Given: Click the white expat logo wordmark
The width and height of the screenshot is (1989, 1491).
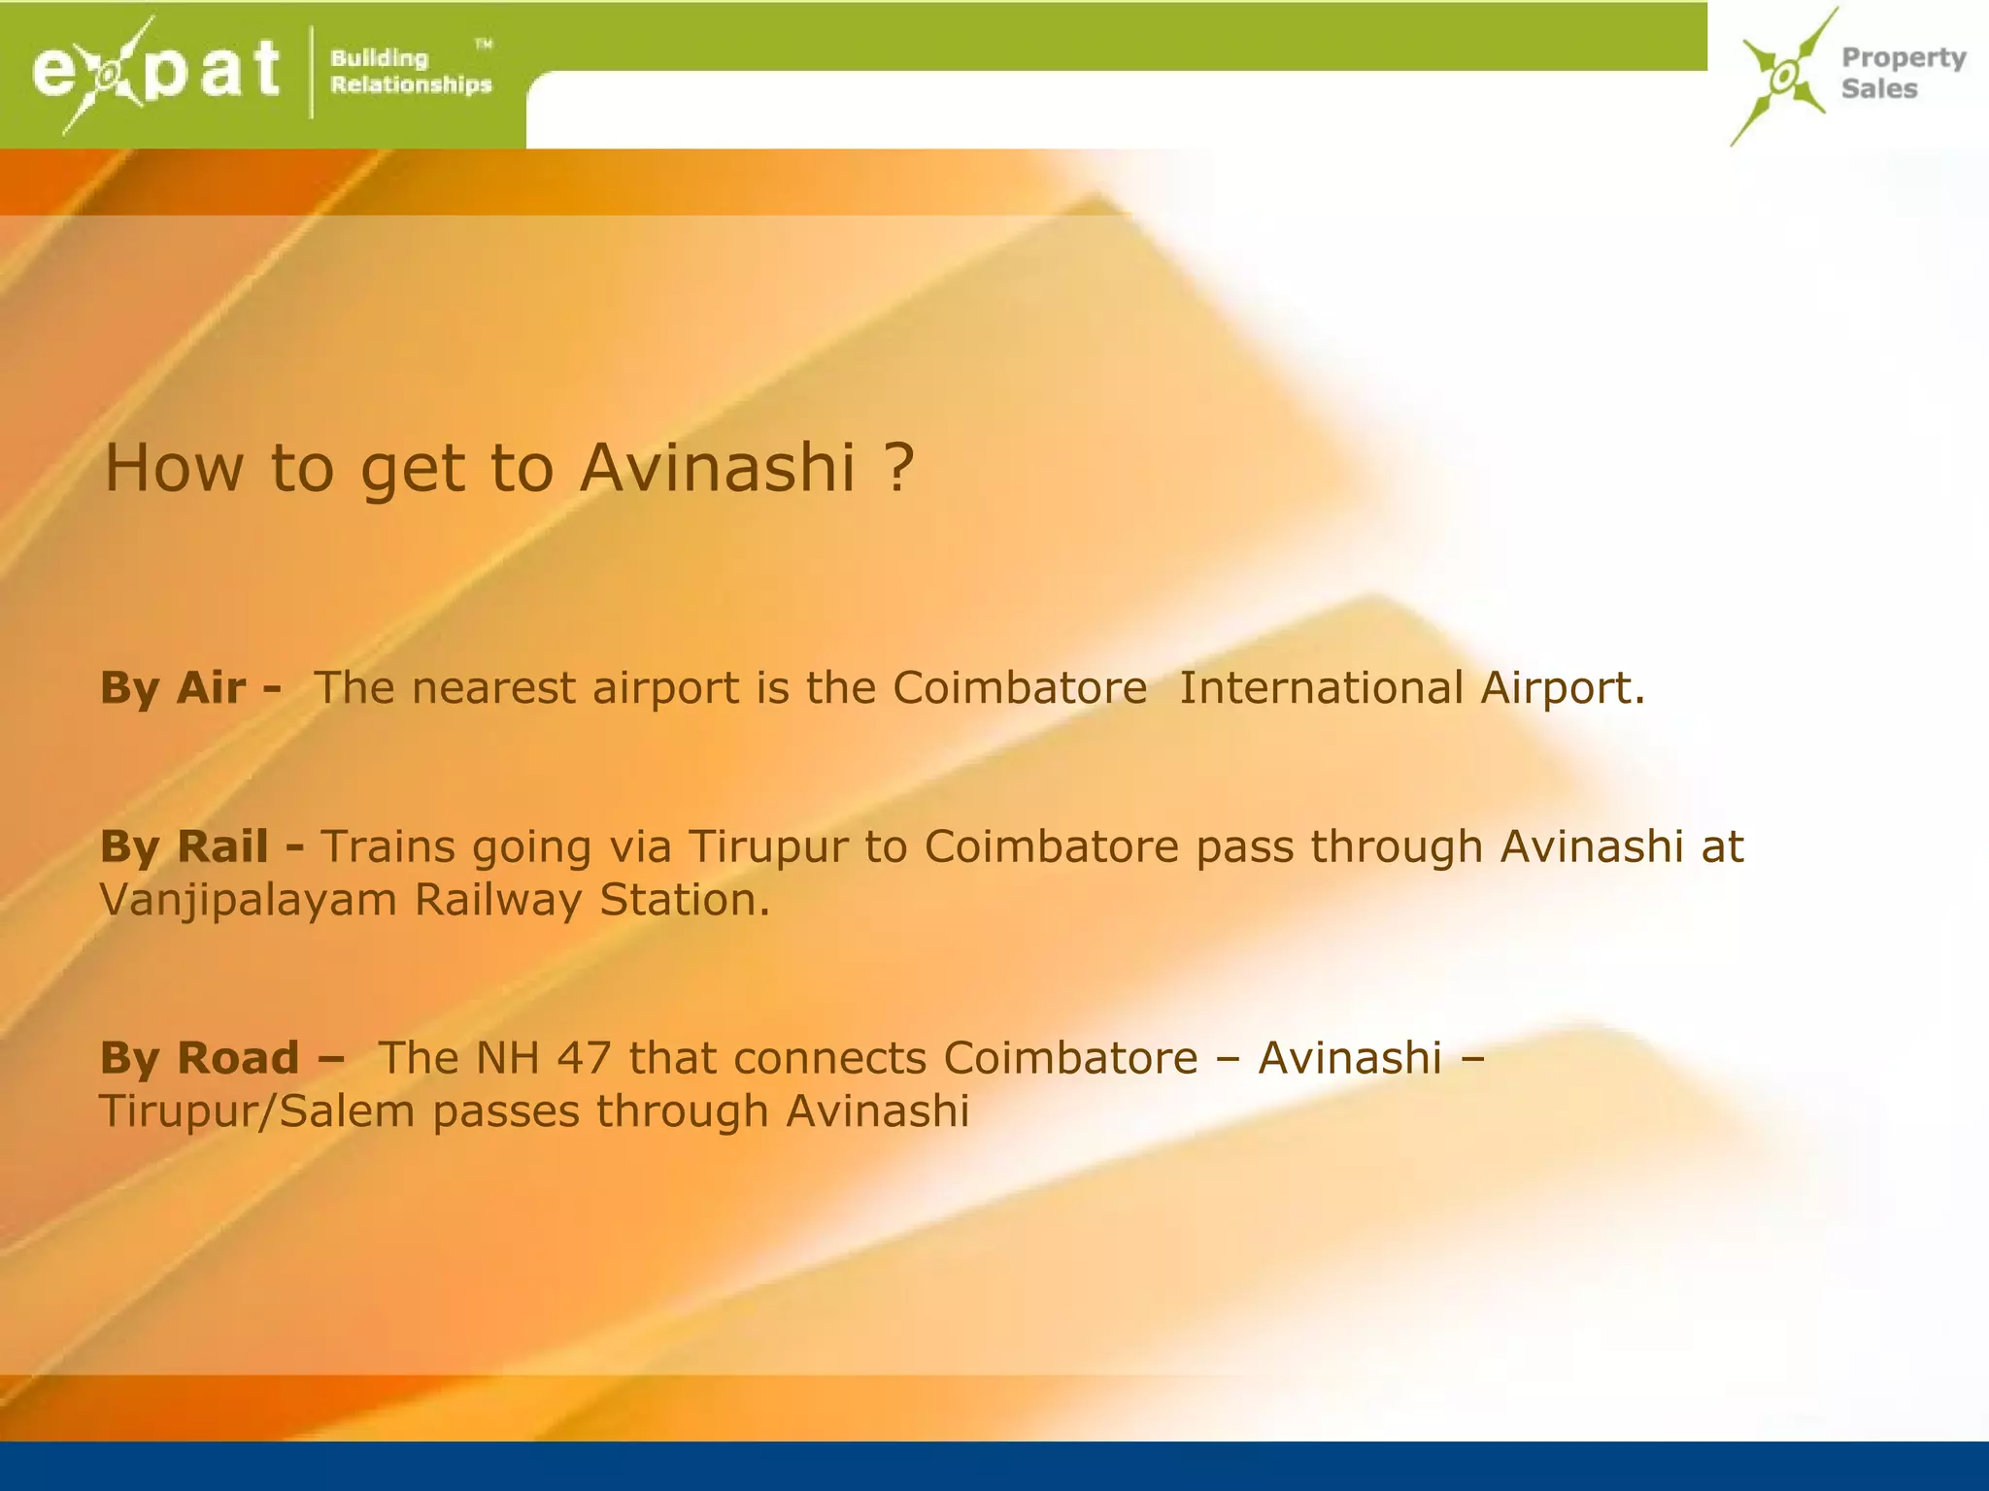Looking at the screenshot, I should pyautogui.click(x=155, y=72).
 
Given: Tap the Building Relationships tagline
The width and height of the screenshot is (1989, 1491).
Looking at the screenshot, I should pyautogui.click(x=410, y=72).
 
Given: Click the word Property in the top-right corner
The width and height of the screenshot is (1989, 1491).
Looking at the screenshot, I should pyautogui.click(x=1904, y=58).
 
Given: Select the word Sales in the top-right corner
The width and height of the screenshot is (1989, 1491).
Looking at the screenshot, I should pyautogui.click(x=1879, y=89).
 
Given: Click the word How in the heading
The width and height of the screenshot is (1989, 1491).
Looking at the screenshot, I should pyautogui.click(x=173, y=468).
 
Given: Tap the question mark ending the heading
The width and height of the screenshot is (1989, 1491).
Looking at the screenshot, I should pyautogui.click(x=900, y=468).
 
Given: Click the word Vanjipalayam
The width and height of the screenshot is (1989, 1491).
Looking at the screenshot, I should pyautogui.click(x=249, y=901).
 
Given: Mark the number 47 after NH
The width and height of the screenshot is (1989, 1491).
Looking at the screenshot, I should pyautogui.click(x=584, y=1058).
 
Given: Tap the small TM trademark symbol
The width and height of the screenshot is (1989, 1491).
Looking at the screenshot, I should pyautogui.click(x=483, y=44).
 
